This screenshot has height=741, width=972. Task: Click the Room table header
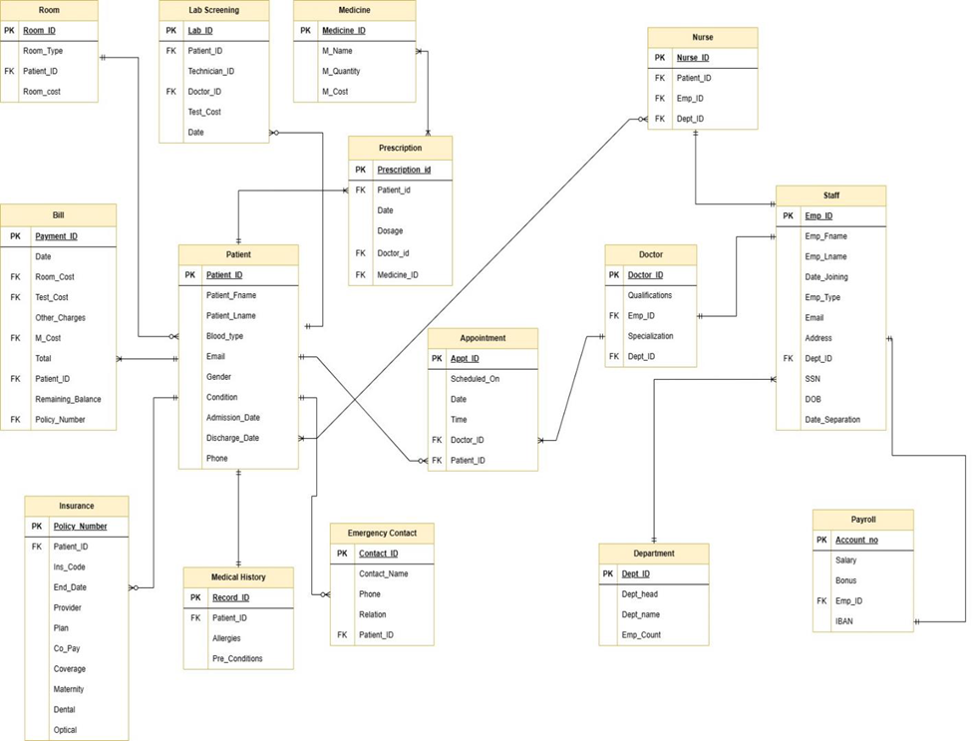point(49,10)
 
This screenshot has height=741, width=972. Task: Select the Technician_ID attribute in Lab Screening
point(211,72)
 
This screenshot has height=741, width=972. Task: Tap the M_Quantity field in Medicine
point(341,72)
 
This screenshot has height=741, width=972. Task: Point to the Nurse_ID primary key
point(693,58)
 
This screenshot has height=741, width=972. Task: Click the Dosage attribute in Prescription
point(391,231)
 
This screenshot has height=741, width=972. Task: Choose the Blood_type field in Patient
point(224,337)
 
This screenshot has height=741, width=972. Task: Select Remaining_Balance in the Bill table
point(68,399)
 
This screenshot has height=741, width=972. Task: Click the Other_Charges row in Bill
point(60,318)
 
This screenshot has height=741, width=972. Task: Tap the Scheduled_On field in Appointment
point(476,379)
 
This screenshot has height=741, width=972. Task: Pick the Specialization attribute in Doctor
point(650,336)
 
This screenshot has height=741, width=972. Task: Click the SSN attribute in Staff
point(813,379)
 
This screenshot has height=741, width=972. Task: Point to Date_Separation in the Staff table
point(832,420)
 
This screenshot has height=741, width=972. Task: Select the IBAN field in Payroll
point(844,621)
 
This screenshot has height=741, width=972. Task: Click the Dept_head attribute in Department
point(639,594)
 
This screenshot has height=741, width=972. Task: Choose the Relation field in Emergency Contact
point(373,614)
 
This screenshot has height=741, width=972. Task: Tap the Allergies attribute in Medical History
point(226,639)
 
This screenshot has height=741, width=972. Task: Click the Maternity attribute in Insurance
point(69,689)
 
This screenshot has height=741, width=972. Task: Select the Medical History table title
point(238,577)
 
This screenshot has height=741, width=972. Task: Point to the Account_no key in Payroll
point(856,541)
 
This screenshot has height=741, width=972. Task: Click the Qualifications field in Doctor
point(650,295)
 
